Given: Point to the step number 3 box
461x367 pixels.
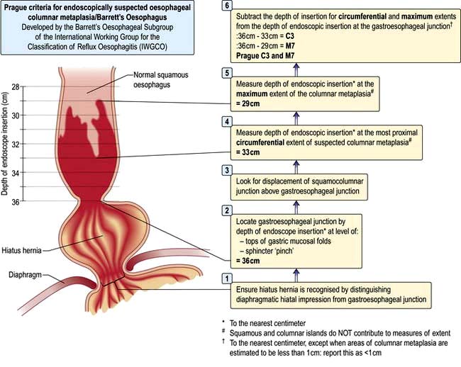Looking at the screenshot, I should click(227, 171).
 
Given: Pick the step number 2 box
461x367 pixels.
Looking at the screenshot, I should click(227, 210).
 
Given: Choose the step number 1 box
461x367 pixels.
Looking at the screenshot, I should click(227, 278).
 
